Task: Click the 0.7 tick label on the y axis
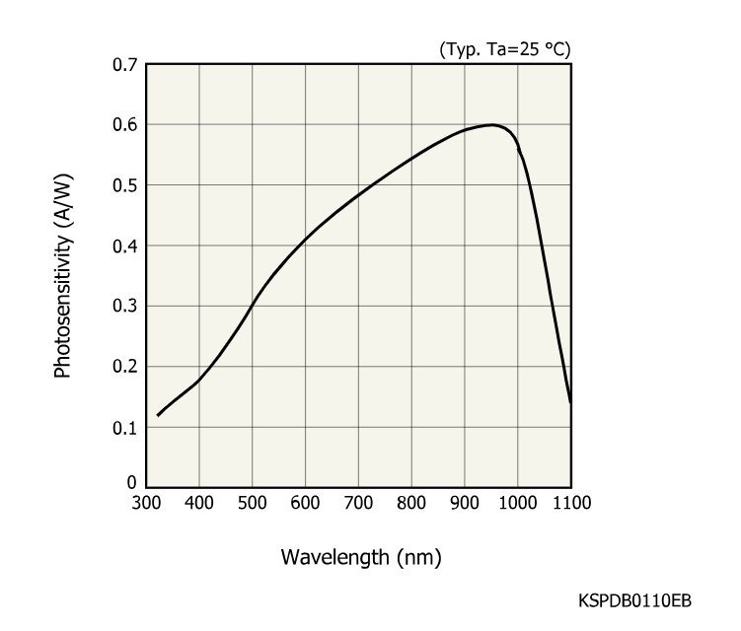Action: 125,64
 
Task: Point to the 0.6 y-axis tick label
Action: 125,124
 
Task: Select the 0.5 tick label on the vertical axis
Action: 125,185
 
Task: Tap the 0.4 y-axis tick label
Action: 125,245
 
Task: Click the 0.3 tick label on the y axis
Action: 125,306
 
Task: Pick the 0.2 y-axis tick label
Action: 125,367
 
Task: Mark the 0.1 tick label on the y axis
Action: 125,428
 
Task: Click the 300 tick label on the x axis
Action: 146,503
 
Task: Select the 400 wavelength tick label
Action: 199,503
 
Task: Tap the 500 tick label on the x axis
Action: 253,503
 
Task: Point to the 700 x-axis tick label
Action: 358,503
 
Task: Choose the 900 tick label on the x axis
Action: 465,503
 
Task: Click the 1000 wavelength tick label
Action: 517,503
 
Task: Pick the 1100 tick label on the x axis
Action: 570,503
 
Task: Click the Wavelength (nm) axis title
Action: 361,557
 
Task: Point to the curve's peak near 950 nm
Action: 491,125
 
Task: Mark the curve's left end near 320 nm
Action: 158,415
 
